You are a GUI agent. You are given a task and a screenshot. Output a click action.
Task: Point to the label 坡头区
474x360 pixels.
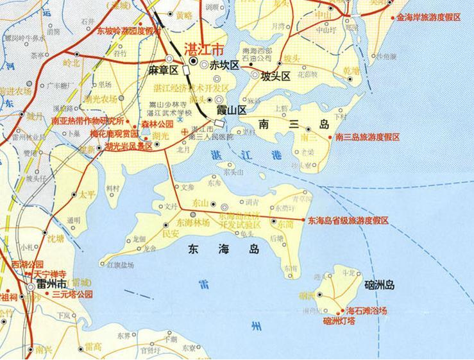click(275, 76)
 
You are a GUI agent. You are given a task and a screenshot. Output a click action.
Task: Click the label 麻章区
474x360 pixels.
click(163, 71)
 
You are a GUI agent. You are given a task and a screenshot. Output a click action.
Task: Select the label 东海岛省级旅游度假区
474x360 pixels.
click(348, 220)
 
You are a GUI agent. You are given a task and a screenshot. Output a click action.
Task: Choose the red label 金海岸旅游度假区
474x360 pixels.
click(428, 17)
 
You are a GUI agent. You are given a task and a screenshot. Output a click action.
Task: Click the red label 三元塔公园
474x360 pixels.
click(72, 294)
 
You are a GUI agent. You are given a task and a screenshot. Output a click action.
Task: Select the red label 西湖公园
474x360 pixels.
click(28, 264)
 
